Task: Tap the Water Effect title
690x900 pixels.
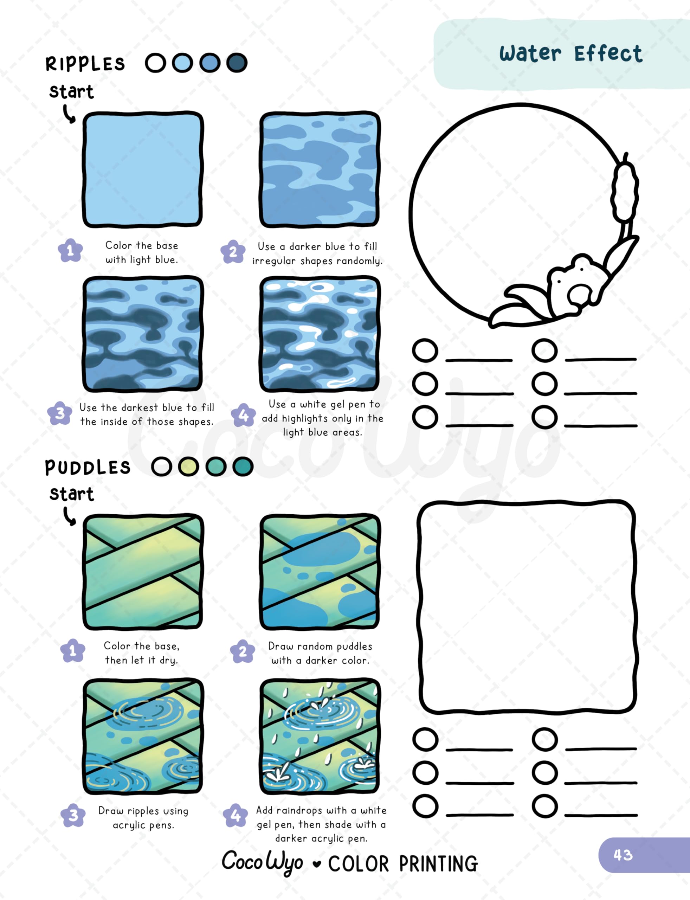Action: [x=570, y=54]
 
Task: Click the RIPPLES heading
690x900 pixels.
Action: [x=85, y=64]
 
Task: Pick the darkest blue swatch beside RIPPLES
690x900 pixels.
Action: [x=237, y=63]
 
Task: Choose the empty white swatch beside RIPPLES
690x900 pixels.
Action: [x=155, y=63]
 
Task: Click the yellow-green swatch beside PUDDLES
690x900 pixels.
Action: [x=188, y=467]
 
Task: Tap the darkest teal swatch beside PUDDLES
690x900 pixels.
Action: [x=243, y=467]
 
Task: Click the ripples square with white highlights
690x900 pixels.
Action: [x=320, y=334]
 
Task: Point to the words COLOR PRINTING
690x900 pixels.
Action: [x=403, y=863]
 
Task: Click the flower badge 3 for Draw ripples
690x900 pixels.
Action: [x=73, y=815]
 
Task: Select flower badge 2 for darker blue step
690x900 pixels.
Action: [x=233, y=251]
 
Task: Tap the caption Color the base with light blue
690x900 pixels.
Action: [x=142, y=252]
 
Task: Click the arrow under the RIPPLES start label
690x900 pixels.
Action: [x=69, y=114]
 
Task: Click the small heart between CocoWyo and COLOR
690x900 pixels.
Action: [x=316, y=864]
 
